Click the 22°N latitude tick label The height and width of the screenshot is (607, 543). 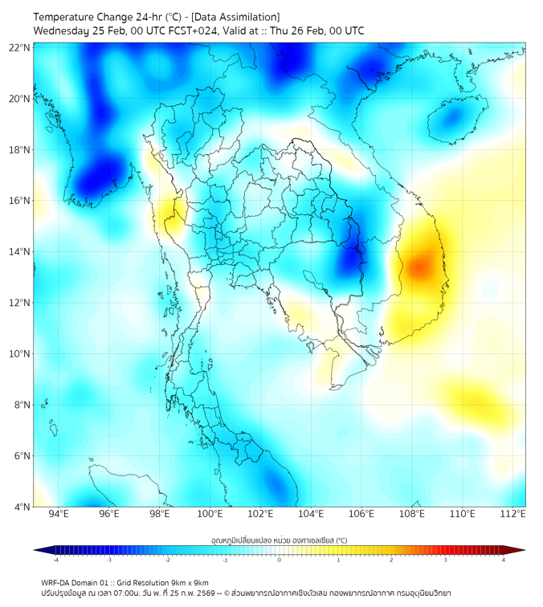click(x=20, y=47)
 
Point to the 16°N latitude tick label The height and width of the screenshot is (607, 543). click(x=20, y=201)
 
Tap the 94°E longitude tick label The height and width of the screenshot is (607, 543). click(x=59, y=514)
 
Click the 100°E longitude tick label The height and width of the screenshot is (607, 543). click(x=210, y=514)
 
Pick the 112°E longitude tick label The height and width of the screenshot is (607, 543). click(x=512, y=514)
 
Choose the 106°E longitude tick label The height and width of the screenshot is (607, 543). click(x=361, y=514)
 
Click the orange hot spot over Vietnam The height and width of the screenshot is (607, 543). click(x=418, y=267)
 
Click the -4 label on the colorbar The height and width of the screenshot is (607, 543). click(x=55, y=560)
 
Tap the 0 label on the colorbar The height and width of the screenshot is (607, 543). click(x=280, y=560)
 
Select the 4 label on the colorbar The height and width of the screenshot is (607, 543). click(x=504, y=560)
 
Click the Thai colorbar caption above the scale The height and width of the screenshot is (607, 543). click(x=279, y=540)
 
